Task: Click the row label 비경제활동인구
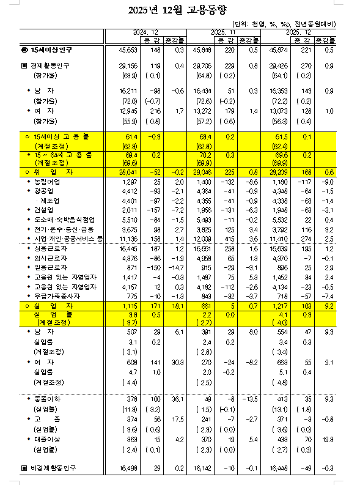click(x=52, y=467)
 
